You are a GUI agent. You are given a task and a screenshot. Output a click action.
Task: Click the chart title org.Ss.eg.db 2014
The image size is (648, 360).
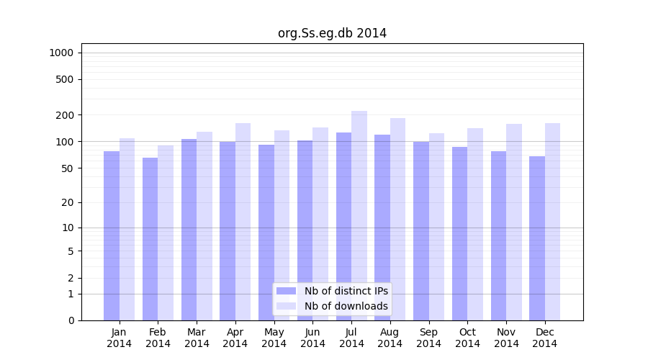coord(332,33)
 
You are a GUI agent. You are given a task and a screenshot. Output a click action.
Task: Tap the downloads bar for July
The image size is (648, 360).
coord(359,215)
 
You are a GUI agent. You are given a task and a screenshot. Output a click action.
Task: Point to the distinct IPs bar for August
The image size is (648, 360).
coord(382,228)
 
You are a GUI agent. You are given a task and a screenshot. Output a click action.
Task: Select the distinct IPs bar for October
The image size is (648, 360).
coord(459,233)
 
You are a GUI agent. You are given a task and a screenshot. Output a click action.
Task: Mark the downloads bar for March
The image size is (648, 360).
coord(204,226)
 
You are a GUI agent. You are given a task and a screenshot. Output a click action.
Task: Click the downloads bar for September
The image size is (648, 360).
coord(436,227)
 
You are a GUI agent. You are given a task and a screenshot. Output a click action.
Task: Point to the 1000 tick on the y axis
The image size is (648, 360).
coord(61,53)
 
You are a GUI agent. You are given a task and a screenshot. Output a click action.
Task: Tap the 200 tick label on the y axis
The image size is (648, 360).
coord(65,115)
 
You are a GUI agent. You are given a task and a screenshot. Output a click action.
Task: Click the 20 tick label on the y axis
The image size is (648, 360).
coord(68,202)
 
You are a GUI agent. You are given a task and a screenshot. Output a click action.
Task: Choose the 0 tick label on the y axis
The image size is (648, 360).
coord(71,320)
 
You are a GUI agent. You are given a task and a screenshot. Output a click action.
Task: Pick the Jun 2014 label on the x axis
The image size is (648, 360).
coord(312,338)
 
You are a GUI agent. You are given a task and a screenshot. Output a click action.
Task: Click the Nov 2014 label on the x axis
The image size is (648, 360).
coord(506,338)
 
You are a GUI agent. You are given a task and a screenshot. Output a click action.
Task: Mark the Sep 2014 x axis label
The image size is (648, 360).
coord(428,338)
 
